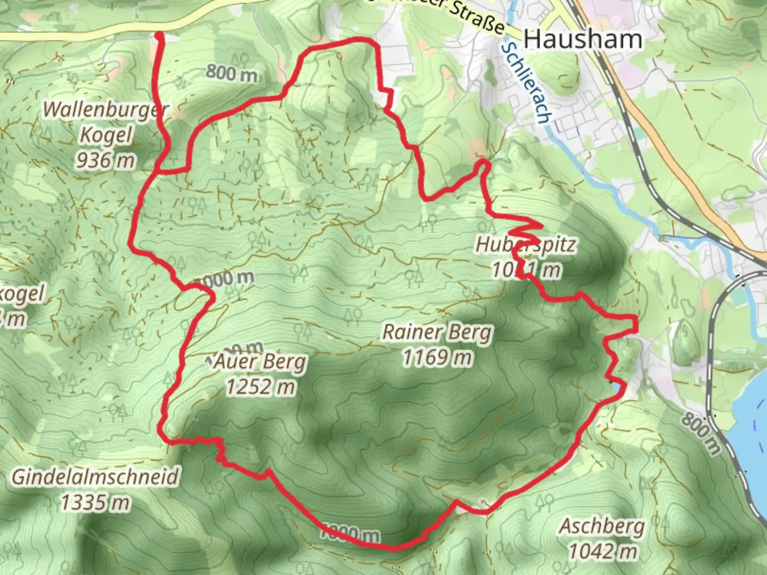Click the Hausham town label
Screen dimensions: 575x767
pyautogui.click(x=583, y=39)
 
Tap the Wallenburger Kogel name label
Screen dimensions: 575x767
pyautogui.click(x=105, y=122)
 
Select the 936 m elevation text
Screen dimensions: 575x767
pyautogui.click(x=105, y=159)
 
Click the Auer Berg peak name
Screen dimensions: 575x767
pyautogui.click(x=260, y=363)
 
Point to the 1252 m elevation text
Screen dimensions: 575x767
pyautogui.click(x=260, y=387)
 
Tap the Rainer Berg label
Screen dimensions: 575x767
pyautogui.click(x=437, y=333)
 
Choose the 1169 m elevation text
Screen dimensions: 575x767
pyautogui.click(x=437, y=357)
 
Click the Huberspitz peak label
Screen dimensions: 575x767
pyautogui.click(x=525, y=245)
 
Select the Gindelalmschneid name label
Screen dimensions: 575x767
pyautogui.click(x=95, y=477)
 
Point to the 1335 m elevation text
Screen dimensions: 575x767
pyautogui.click(x=95, y=502)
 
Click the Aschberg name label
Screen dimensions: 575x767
pyautogui.click(x=602, y=527)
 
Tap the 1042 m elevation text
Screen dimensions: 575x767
pyautogui.click(x=602, y=551)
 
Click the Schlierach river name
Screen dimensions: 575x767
pyautogui.click(x=524, y=83)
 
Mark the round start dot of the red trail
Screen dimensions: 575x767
pyautogui.click(x=159, y=36)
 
